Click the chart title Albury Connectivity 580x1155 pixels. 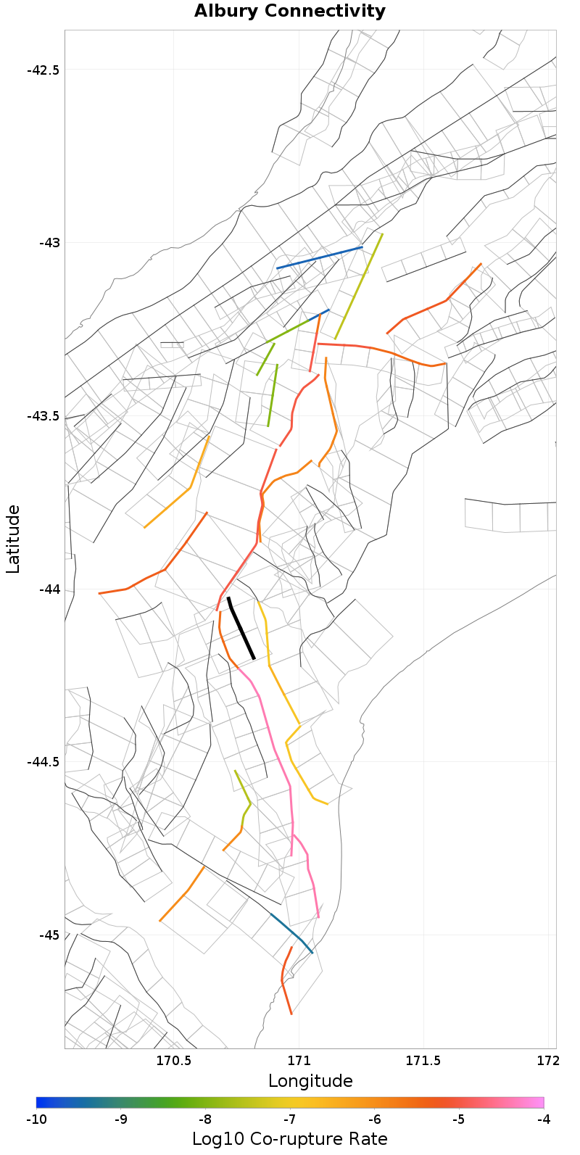pos(290,12)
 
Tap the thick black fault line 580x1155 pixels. pos(241,628)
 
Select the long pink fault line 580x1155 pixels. pos(276,754)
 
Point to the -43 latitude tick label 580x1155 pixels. pos(49,243)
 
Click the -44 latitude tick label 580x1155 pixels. pos(49,589)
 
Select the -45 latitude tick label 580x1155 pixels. pos(49,935)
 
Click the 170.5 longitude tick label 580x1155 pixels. pos(174,1061)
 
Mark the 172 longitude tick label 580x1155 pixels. pos(547,1061)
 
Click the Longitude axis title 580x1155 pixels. pos(310,1082)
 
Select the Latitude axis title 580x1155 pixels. pos(13,539)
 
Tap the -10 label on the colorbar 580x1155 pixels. pos(36,1120)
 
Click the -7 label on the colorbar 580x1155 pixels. pos(290,1120)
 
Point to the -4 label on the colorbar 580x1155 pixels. pos(544,1120)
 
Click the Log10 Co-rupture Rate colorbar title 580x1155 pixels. pos(290,1139)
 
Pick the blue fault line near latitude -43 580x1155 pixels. pos(319,258)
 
